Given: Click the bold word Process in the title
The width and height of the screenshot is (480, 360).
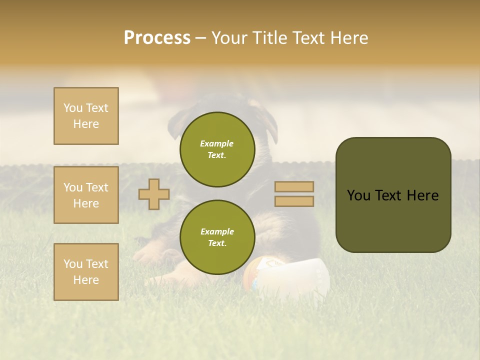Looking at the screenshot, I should click(157, 38).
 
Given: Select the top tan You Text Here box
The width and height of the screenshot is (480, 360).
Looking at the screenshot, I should click(86, 116).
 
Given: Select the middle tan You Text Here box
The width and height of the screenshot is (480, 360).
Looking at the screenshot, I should click(86, 195).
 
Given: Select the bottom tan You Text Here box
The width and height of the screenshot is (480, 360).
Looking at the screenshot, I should click(86, 271).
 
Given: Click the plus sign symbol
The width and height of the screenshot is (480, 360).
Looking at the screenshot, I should click(153, 194).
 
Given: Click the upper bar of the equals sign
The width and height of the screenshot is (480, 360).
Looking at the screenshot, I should click(294, 187).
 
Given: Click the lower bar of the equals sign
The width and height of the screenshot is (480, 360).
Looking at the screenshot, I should click(294, 201).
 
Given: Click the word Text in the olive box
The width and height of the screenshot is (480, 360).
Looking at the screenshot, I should click(390, 195).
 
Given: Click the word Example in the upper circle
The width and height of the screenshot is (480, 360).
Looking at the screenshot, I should click(217, 143).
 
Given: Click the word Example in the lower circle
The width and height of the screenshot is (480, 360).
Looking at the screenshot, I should click(217, 231).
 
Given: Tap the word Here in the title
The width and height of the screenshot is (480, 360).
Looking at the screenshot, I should click(349, 38).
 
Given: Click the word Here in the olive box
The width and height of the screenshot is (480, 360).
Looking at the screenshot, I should click(422, 195).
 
